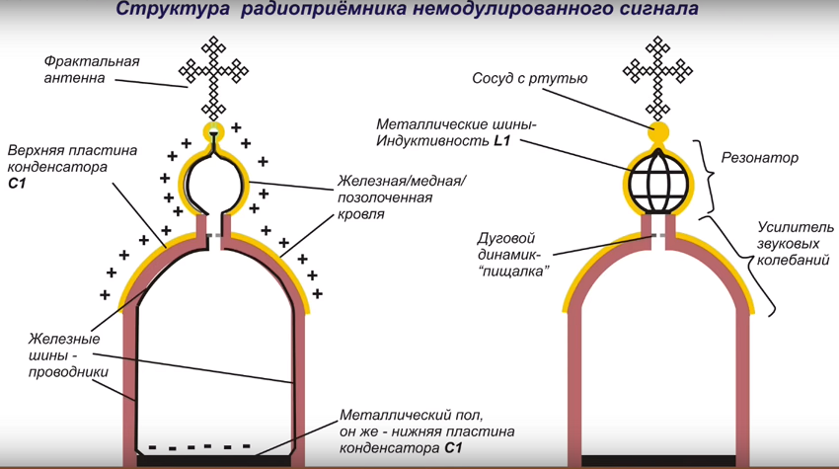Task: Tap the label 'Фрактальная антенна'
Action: [92, 69]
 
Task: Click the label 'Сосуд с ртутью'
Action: [529, 78]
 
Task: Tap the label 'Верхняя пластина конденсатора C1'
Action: [71, 167]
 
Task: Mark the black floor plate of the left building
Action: [213, 460]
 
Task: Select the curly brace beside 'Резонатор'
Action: [707, 172]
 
